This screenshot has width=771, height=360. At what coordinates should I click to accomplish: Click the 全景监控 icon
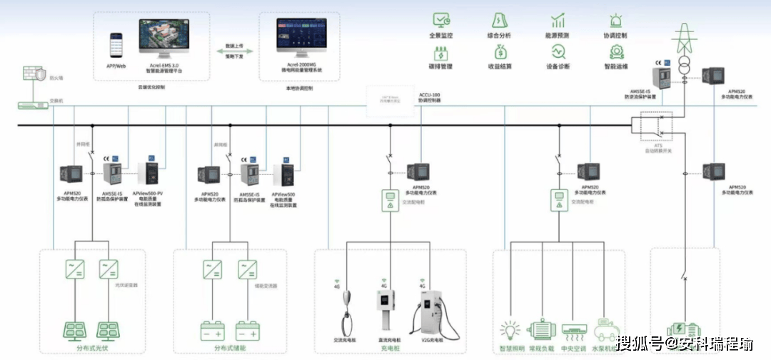click(x=442, y=20)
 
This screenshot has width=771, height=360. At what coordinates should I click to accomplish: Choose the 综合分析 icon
click(x=499, y=20)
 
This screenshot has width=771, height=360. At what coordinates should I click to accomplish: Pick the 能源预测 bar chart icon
click(x=558, y=20)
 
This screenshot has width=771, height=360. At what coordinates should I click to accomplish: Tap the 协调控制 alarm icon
click(x=615, y=20)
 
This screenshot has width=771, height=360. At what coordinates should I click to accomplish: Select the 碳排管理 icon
click(x=442, y=51)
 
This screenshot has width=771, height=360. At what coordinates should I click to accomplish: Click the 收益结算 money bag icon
click(x=499, y=51)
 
